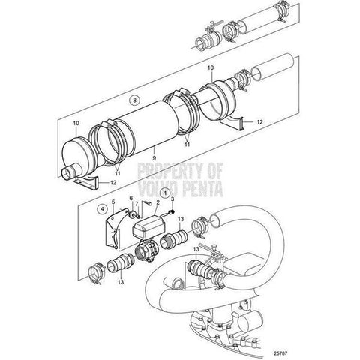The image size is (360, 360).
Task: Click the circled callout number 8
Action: (x=134, y=100)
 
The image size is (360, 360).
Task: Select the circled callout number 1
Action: (x=165, y=193)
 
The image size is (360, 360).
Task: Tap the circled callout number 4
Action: (x=102, y=209)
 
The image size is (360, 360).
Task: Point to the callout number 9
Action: (x=154, y=158)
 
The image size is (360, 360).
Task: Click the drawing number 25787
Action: (x=280, y=353)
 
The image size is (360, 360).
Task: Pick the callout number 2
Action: (x=157, y=202)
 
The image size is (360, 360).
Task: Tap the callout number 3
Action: (x=172, y=199)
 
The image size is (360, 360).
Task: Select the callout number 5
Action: (x=113, y=202)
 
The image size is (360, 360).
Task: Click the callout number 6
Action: (x=131, y=198)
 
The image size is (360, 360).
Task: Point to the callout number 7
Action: (x=136, y=204)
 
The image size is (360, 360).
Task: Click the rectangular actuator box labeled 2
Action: (x=148, y=226)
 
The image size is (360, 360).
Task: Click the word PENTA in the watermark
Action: (x=202, y=189)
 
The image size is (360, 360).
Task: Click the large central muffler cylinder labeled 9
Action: (x=147, y=127)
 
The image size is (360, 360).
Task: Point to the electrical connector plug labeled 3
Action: (x=172, y=212)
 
